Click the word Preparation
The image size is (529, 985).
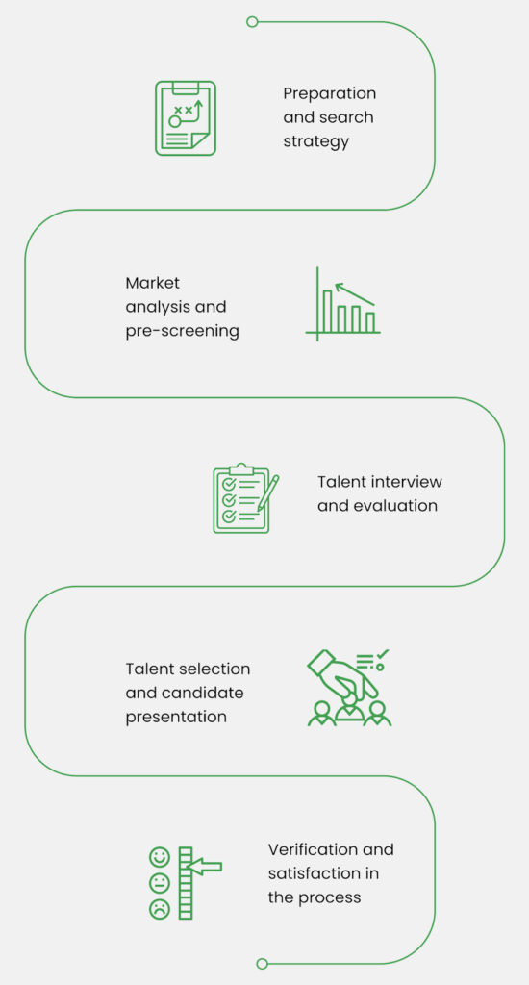[x=329, y=93]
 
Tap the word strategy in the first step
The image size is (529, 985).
[x=315, y=141]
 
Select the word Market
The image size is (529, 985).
[x=153, y=283]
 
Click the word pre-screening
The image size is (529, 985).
[x=182, y=331]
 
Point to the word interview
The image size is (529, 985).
[x=406, y=482]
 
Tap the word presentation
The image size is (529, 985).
[x=176, y=718]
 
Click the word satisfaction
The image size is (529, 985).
[x=308, y=873]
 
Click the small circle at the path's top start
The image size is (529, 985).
[x=252, y=22]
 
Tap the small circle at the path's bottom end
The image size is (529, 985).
[x=262, y=964]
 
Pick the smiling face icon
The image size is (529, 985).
[x=160, y=857]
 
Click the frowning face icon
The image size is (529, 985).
[x=160, y=909]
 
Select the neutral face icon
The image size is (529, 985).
[x=160, y=883]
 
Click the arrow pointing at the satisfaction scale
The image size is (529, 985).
[x=206, y=867]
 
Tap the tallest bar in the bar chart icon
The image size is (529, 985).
[x=327, y=311]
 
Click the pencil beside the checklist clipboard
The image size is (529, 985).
[x=267, y=493]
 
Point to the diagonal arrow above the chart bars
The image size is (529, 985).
[x=355, y=294]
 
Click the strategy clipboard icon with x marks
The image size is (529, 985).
[x=186, y=118]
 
